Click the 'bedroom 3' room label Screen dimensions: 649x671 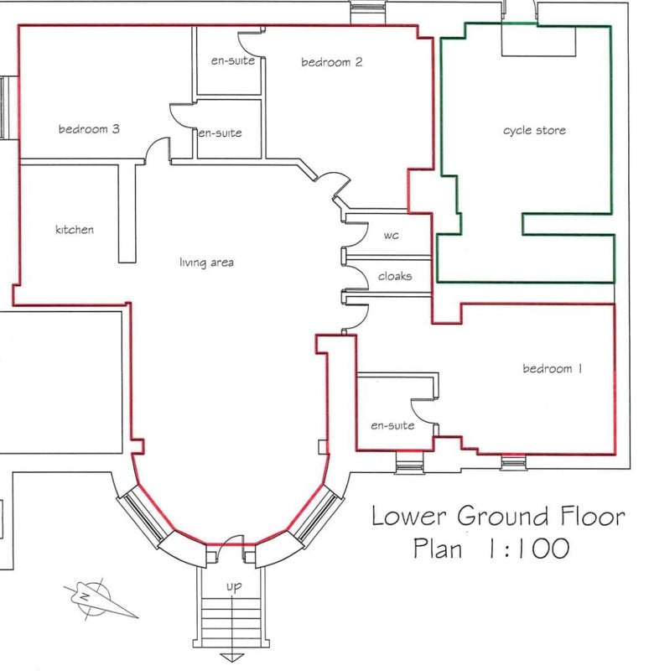click(89, 129)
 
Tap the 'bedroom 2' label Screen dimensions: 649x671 click(331, 62)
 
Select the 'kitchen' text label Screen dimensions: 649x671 click(75, 229)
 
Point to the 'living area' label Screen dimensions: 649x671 click(206, 263)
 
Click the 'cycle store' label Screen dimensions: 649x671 click(534, 130)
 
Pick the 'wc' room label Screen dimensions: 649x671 click(391, 236)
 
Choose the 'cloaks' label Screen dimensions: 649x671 click(395, 276)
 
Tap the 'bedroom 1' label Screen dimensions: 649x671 click(553, 368)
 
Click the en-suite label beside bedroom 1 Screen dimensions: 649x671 click(392, 425)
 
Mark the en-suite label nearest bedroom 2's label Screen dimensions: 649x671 click(233, 60)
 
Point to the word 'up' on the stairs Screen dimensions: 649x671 click(234, 586)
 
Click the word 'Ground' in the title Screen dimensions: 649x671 click(503, 516)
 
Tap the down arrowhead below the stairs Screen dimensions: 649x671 click(231, 658)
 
